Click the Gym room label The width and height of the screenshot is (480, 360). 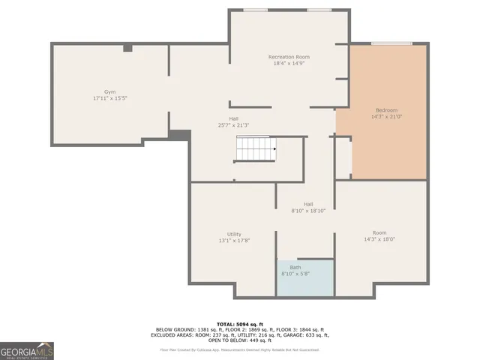click(x=110, y=92)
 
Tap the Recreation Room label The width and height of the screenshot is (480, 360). click(x=289, y=57)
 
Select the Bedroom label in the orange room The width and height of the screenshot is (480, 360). click(x=386, y=110)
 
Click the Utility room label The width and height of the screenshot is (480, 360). click(x=234, y=234)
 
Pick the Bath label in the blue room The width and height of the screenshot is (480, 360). click(x=295, y=268)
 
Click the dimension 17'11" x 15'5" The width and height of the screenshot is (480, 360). click(x=110, y=99)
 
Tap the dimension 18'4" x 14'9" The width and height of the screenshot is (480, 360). click(x=289, y=64)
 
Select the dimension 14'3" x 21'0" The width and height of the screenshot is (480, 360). click(x=386, y=117)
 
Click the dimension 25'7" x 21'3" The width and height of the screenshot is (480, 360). click(x=234, y=124)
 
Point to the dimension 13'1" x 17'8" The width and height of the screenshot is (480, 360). click(x=234, y=241)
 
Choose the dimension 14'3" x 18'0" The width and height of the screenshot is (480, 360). click(x=379, y=239)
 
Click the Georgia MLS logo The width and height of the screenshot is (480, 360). click(x=27, y=351)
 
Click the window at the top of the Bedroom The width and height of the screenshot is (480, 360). click(x=391, y=43)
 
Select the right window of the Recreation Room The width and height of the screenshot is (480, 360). click(x=318, y=9)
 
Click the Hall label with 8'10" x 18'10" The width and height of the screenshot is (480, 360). click(x=308, y=204)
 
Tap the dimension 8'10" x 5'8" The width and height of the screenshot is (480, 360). click(x=295, y=274)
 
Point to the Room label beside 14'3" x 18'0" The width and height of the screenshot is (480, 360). click(x=379, y=232)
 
